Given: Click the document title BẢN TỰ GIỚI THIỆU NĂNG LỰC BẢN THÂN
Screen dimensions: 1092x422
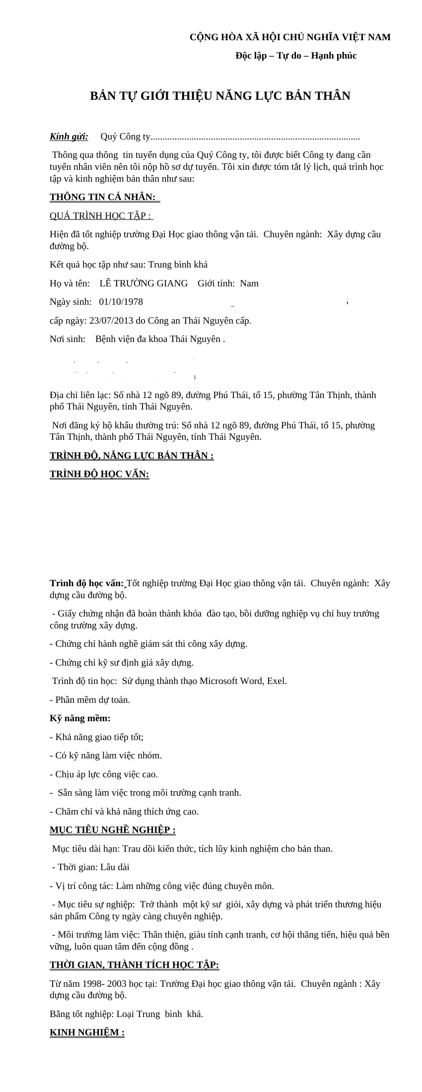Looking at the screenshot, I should pyautogui.click(x=220, y=96).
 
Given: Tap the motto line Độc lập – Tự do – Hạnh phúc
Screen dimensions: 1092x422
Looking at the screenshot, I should pyautogui.click(x=296, y=56).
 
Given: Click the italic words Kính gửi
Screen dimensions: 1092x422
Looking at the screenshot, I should pyautogui.click(x=69, y=136).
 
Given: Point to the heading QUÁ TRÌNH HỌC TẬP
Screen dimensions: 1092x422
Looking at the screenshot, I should pyautogui.click(x=101, y=216).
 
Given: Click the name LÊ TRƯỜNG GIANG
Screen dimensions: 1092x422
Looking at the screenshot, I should pyautogui.click(x=143, y=283).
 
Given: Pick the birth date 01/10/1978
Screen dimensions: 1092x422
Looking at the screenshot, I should pyautogui.click(x=121, y=302).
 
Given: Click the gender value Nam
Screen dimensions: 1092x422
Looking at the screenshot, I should pyautogui.click(x=249, y=283).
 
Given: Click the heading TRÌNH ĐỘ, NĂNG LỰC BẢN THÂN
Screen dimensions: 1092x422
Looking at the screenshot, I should pyautogui.click(x=132, y=456).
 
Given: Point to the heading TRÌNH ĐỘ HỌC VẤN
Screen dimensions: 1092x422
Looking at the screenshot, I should pyautogui.click(x=99, y=474).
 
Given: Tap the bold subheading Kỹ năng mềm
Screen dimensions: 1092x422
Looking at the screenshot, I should pyautogui.click(x=80, y=718).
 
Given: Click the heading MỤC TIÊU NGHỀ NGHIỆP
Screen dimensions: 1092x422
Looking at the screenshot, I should pyautogui.click(x=112, y=830).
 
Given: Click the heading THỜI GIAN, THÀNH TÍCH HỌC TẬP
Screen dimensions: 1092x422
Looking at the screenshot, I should pyautogui.click(x=134, y=965).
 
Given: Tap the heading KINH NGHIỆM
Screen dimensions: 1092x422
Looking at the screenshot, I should pyautogui.click(x=87, y=1032).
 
